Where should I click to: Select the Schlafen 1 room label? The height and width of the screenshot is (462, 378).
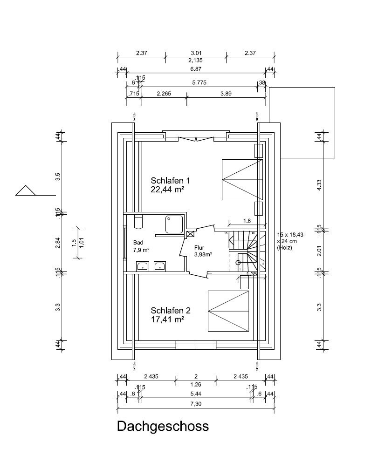170,180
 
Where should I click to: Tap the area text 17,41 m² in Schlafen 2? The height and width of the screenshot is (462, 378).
167,319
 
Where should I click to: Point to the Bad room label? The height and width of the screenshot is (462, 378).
138,243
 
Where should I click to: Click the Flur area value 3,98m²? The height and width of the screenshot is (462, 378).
203,254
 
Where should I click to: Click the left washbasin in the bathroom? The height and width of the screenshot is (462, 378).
142,266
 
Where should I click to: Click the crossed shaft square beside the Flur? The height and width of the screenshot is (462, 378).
190,234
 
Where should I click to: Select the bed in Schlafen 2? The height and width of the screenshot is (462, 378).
228,311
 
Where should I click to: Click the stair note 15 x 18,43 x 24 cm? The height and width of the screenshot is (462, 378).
290,241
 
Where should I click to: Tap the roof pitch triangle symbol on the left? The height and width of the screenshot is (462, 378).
26,191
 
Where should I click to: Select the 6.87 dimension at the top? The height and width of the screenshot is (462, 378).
196,68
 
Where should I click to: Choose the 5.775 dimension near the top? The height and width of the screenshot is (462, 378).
199,82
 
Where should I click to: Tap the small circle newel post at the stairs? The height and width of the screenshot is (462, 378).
238,263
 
